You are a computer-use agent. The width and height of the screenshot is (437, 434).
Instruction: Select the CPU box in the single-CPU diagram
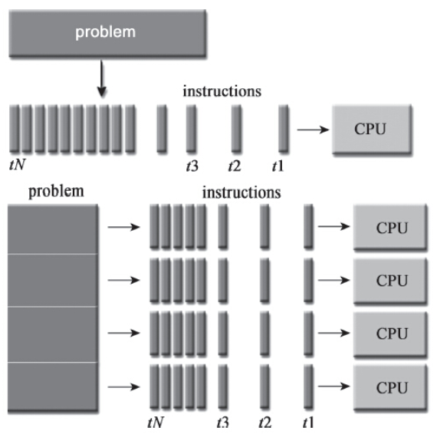tap(370, 128)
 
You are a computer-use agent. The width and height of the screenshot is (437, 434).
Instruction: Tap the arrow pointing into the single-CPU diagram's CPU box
tap(312, 129)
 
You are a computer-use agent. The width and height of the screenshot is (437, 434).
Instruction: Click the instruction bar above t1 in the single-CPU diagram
tap(283, 128)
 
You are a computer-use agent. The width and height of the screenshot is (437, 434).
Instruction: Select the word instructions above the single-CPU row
tap(222, 91)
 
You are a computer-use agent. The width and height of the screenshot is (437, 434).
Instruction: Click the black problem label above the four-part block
tap(57, 189)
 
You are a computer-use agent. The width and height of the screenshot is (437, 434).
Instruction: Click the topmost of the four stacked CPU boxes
tap(389, 228)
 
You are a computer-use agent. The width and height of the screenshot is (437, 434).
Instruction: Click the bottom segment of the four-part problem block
tap(52, 386)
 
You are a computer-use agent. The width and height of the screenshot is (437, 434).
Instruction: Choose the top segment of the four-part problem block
tap(52, 229)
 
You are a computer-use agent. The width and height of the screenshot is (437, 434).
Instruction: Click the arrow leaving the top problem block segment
tap(123, 228)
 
